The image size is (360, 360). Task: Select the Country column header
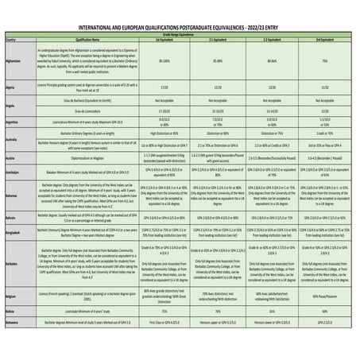point(10,38)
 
